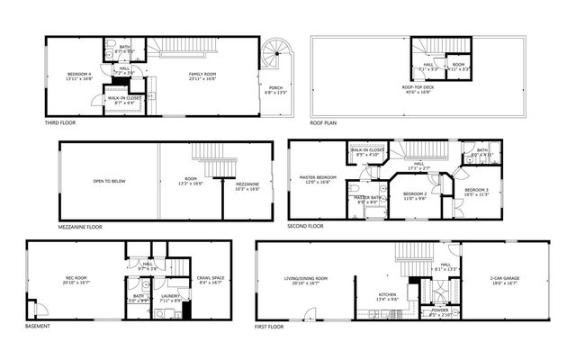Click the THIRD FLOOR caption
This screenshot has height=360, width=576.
point(59,122)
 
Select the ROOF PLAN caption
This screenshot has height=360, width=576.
point(323,122)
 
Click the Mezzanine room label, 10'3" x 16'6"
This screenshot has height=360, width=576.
point(247,184)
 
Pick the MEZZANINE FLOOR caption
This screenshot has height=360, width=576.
point(80,227)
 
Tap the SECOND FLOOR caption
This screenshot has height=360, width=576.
point(305,227)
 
